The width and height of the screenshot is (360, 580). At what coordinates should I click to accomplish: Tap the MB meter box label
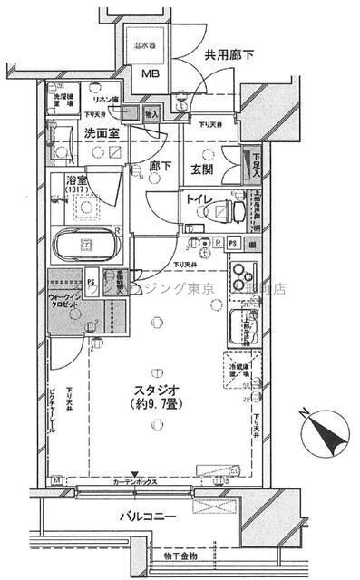point(146,75)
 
